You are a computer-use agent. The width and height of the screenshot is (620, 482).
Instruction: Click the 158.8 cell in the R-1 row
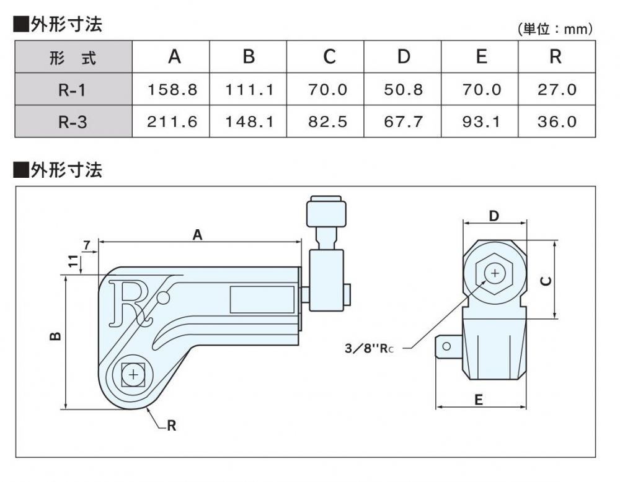click(x=172, y=90)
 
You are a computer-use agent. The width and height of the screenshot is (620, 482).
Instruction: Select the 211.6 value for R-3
click(x=172, y=121)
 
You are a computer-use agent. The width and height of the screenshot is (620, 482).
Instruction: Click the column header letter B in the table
click(x=249, y=57)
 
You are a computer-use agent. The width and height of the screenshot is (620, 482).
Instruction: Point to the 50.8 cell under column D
click(x=403, y=90)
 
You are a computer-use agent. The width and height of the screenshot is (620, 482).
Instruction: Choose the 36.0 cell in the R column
click(x=556, y=121)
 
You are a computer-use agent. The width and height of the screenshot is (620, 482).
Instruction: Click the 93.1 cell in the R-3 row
click(x=481, y=121)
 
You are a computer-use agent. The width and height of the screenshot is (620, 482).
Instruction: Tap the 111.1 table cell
click(x=249, y=90)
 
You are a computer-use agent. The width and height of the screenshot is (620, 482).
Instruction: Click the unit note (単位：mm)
click(x=555, y=29)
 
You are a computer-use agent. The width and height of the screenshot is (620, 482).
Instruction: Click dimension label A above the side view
click(x=198, y=234)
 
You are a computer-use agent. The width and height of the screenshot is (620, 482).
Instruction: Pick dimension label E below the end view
click(x=478, y=400)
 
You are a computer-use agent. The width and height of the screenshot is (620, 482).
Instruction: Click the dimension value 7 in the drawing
click(x=87, y=247)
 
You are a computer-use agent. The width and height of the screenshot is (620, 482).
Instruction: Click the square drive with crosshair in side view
click(x=133, y=374)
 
